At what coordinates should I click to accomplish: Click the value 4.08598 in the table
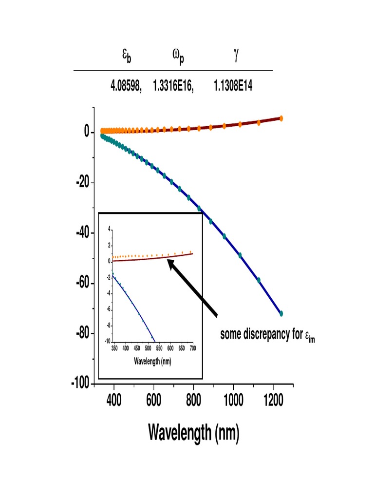coord(125,87)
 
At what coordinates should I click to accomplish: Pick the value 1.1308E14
coord(233,87)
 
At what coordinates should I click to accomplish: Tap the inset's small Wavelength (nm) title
coord(150,362)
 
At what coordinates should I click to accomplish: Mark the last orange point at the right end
coord(281,118)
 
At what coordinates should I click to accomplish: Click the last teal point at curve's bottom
coord(281,313)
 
